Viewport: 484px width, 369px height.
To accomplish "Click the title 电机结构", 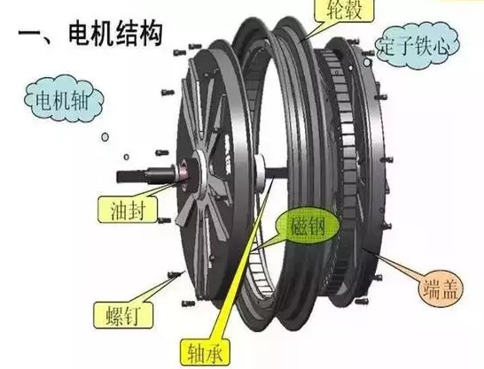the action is (x=115, y=34).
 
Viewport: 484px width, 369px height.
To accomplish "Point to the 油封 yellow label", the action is (x=128, y=210).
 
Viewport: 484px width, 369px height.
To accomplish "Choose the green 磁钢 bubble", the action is (x=308, y=227).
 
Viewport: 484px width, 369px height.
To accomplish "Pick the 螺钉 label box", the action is (x=123, y=315).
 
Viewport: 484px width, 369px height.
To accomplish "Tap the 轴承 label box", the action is (x=205, y=354).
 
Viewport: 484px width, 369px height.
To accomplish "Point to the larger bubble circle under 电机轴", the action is (x=105, y=137).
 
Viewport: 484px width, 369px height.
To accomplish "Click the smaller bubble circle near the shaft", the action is (x=126, y=158).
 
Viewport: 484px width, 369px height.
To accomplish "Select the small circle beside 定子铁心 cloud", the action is (x=367, y=62).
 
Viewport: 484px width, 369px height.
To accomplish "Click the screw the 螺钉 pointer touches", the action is (x=175, y=273).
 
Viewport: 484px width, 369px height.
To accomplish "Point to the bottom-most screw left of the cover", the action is (x=189, y=304).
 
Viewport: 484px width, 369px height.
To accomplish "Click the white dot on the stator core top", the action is (x=351, y=67).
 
